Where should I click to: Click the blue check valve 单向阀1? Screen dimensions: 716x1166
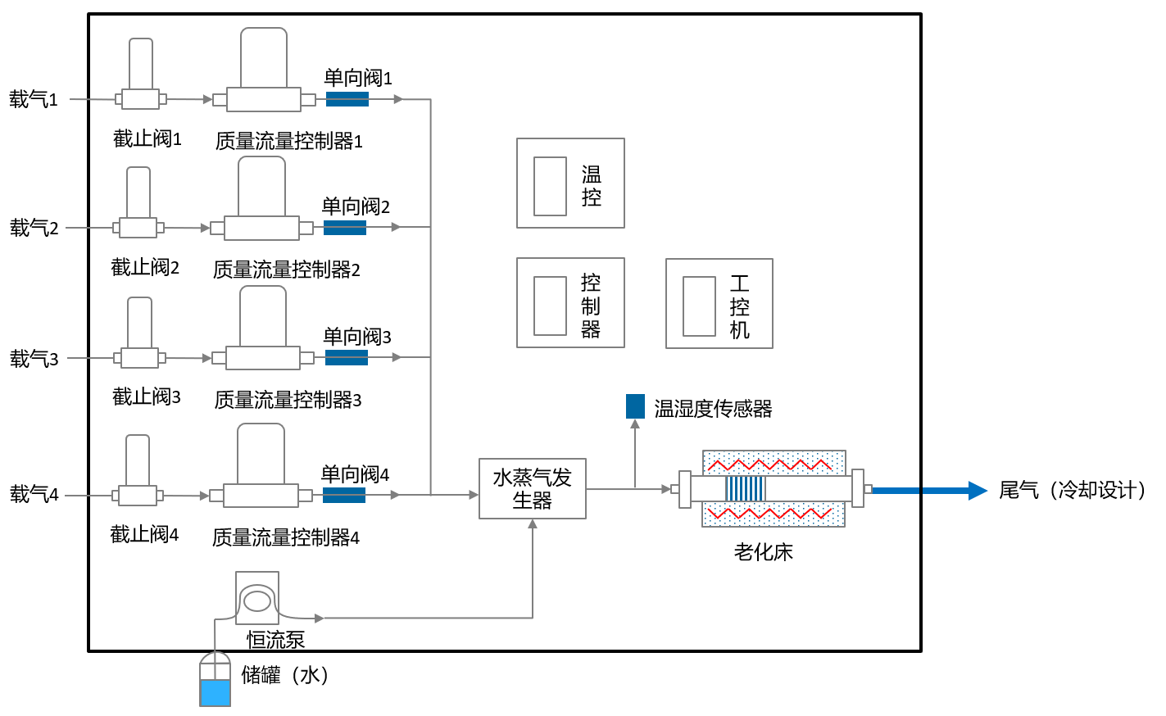[x=347, y=99]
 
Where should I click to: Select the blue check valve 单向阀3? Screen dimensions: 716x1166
[x=347, y=357]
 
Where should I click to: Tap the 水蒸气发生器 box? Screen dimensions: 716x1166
[x=533, y=489]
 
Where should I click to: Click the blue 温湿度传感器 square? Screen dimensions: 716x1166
[x=635, y=406]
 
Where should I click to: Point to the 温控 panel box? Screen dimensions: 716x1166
[x=570, y=184]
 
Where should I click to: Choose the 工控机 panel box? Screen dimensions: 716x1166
[x=719, y=304]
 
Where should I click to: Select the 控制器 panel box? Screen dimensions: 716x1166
[x=570, y=303]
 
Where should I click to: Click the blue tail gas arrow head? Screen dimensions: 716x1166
[x=977, y=491]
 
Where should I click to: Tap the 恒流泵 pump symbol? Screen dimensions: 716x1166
[x=257, y=600]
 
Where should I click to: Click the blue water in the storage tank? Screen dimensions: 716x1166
[x=216, y=693]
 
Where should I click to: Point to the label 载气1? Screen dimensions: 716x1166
[x=34, y=100]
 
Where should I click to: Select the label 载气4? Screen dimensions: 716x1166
[x=34, y=495]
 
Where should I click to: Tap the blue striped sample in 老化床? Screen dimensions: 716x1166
[x=745, y=489]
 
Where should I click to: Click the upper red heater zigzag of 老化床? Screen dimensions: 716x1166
[x=769, y=465]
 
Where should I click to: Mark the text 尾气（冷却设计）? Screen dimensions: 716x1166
[x=1073, y=491]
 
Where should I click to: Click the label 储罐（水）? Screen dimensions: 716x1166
[x=285, y=675]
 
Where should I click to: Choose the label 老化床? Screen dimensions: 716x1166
[x=763, y=552]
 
